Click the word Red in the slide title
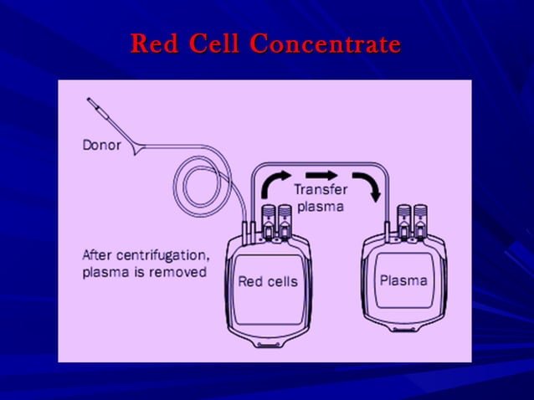click(x=154, y=44)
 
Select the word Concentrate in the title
click(x=326, y=44)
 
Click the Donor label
click(x=101, y=145)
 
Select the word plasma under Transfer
click(x=320, y=206)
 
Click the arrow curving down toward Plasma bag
click(x=368, y=185)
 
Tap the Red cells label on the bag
click(x=267, y=281)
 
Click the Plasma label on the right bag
click(x=404, y=279)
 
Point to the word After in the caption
click(x=98, y=254)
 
